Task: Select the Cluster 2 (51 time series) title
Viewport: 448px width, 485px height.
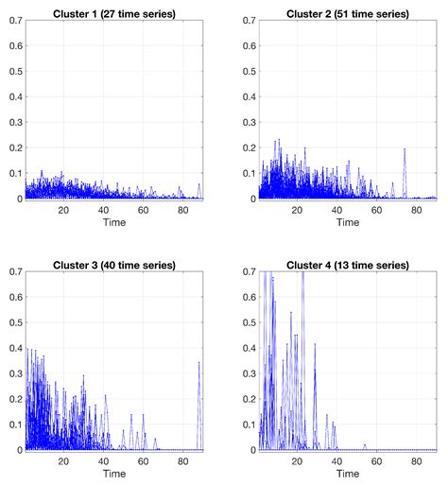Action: (346, 9)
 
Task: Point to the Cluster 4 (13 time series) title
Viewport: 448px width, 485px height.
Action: (346, 265)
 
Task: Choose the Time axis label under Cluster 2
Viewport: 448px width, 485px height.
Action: (346, 222)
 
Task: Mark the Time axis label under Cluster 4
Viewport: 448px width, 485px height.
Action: (346, 473)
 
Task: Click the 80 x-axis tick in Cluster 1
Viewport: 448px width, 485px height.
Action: (182, 209)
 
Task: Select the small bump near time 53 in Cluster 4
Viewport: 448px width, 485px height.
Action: (364, 445)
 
